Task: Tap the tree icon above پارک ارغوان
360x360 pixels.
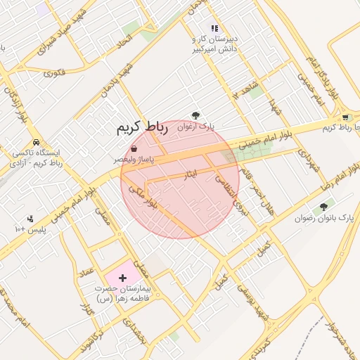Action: tap(195, 115)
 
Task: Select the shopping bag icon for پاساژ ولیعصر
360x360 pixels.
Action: tap(134, 148)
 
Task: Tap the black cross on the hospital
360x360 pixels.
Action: tap(124, 278)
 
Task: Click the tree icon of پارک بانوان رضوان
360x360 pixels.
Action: tap(324, 207)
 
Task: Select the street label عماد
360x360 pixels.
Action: tap(86, 270)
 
